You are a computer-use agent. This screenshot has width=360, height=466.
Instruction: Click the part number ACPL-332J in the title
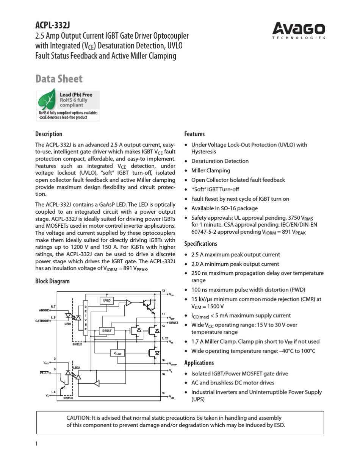52,25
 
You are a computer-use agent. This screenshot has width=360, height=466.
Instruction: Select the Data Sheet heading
59,79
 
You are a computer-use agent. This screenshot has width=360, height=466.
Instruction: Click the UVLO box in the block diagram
106,300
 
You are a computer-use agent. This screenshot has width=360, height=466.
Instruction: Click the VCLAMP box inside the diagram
118,353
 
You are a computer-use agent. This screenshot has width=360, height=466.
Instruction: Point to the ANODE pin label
44,310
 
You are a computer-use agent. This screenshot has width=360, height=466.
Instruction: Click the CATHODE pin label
42,321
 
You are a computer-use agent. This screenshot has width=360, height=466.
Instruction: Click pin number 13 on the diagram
163,291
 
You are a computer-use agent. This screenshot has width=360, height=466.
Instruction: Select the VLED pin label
172,398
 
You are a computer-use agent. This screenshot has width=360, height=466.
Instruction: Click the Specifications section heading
200,244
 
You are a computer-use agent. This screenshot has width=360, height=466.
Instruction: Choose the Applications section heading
199,363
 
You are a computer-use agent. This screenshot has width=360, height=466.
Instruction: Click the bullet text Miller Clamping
210,170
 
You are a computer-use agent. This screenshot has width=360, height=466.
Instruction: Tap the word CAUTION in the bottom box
78,418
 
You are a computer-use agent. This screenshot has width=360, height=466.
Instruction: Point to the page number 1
36,444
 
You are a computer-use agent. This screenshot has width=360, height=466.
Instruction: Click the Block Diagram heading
52,281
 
